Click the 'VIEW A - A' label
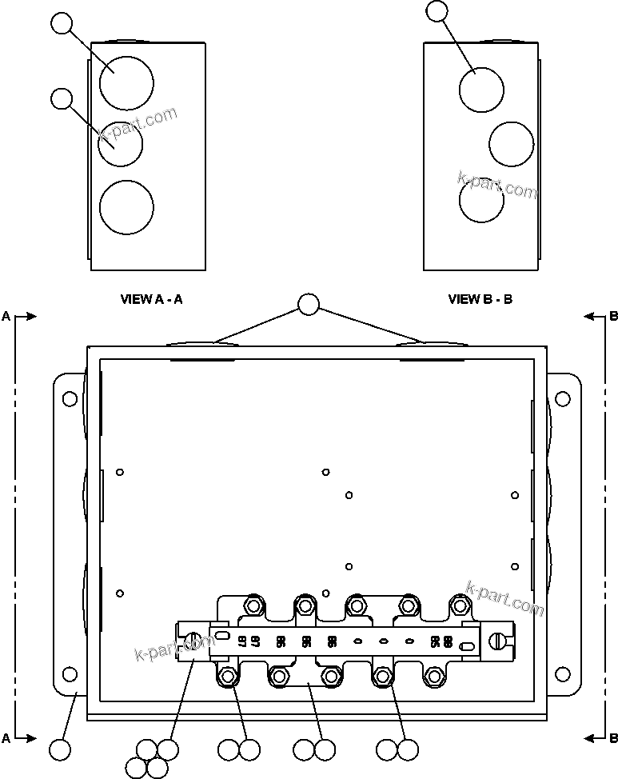click(x=151, y=300)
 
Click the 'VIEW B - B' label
click(x=480, y=300)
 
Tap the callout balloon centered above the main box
click(x=309, y=305)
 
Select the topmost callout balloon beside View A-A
click(x=62, y=23)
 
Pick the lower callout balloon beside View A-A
click(x=62, y=99)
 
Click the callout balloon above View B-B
click(x=437, y=10)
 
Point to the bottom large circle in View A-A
click(x=126, y=208)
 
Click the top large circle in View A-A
click(x=126, y=82)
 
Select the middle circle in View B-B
click(x=511, y=144)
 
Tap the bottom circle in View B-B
click(x=481, y=200)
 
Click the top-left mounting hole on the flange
click(x=70, y=398)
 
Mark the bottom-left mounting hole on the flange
click(x=70, y=674)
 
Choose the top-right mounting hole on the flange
click(x=563, y=398)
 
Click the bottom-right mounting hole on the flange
click(x=563, y=674)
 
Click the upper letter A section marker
click(x=6, y=317)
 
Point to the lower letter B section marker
click(x=613, y=738)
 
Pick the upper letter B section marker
click(x=613, y=317)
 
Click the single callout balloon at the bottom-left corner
click(x=60, y=750)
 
